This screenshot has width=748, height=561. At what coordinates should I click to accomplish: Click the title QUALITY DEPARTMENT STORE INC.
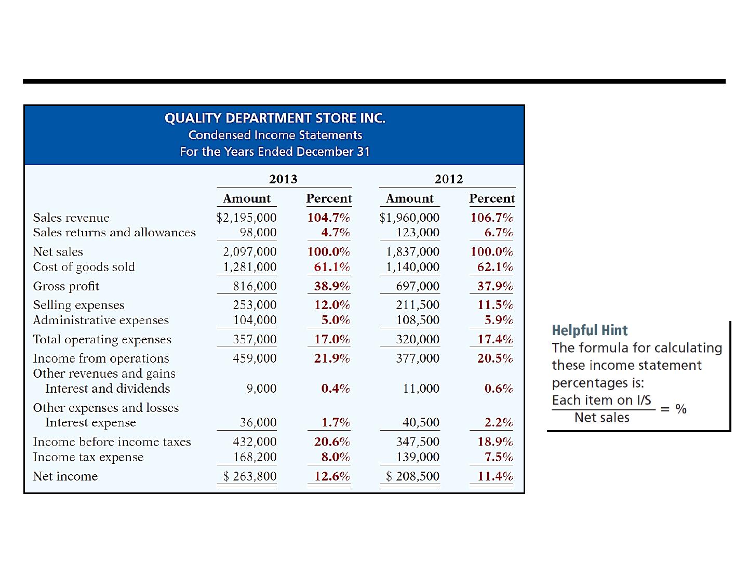pyautogui.click(x=275, y=118)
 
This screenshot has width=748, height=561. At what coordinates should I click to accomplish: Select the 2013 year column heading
pyautogui.click(x=283, y=179)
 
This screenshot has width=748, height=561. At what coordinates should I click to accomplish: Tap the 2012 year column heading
pyautogui.click(x=449, y=179)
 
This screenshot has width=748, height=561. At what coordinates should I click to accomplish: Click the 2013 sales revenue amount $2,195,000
pyautogui.click(x=246, y=217)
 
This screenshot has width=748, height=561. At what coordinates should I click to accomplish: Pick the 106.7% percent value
pyautogui.click(x=492, y=217)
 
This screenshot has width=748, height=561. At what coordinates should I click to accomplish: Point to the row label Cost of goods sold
pyautogui.click(x=84, y=266)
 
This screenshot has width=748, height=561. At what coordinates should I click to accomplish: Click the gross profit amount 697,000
pyautogui.click(x=418, y=286)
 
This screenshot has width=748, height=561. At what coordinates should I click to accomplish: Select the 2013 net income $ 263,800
pyautogui.click(x=250, y=476)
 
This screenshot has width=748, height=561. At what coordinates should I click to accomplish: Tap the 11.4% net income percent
pyautogui.click(x=495, y=476)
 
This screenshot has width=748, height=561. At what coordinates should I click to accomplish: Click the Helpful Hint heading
pyautogui.click(x=590, y=330)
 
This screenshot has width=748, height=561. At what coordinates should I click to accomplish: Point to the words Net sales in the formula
pyautogui.click(x=602, y=417)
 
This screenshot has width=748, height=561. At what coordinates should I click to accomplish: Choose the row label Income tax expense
pyautogui.click(x=88, y=457)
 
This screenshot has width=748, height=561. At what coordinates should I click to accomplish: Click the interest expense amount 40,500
pyautogui.click(x=421, y=422)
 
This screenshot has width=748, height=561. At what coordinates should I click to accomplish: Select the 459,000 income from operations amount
pyautogui.click(x=255, y=358)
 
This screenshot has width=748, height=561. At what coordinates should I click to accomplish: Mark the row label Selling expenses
pyautogui.click(x=79, y=305)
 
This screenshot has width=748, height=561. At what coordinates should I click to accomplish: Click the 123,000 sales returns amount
pyautogui.click(x=418, y=232)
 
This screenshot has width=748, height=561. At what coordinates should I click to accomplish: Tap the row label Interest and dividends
pyautogui.click(x=108, y=389)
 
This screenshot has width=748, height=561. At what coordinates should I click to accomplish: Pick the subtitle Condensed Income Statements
pyautogui.click(x=275, y=135)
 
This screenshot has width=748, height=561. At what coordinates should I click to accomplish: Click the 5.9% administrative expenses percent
pyautogui.click(x=499, y=320)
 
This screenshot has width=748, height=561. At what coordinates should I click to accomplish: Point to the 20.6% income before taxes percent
pyautogui.click(x=332, y=442)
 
